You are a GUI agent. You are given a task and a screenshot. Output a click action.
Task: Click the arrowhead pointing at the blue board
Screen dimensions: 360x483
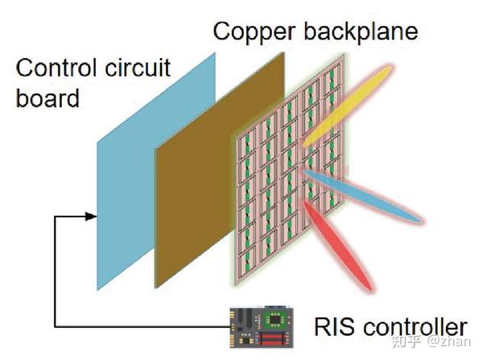coord(93,217)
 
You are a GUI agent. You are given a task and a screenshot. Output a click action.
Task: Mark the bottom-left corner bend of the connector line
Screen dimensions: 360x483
coord(54,327)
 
